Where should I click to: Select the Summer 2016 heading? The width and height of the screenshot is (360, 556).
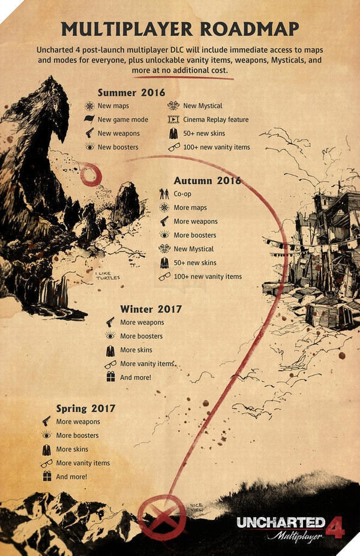click(131, 92)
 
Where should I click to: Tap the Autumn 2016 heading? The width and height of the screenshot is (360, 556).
click(207, 181)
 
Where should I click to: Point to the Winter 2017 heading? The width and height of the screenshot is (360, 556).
click(151, 309)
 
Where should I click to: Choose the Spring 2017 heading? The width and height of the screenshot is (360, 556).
click(86, 408)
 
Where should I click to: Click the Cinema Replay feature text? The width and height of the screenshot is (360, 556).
click(215, 119)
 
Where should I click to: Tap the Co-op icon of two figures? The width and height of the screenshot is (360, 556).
click(164, 194)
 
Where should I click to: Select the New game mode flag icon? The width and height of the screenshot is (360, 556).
click(89, 119)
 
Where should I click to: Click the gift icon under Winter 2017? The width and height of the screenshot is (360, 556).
click(110, 377)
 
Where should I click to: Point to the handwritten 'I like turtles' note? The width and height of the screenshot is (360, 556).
click(108, 275)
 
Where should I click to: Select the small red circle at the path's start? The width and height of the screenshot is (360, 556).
click(91, 175)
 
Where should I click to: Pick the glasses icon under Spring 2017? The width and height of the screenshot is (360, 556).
click(46, 463)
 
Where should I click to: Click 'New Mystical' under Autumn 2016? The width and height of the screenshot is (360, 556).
click(193, 249)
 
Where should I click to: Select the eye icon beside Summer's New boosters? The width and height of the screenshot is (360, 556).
click(89, 147)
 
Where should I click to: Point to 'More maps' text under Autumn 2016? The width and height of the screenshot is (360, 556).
click(190, 208)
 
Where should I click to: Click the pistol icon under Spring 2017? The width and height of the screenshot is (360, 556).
click(46, 422)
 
